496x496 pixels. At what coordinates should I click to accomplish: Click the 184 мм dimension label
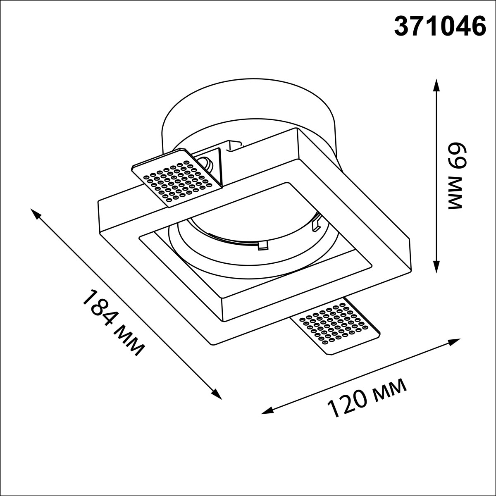pos(114,323)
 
